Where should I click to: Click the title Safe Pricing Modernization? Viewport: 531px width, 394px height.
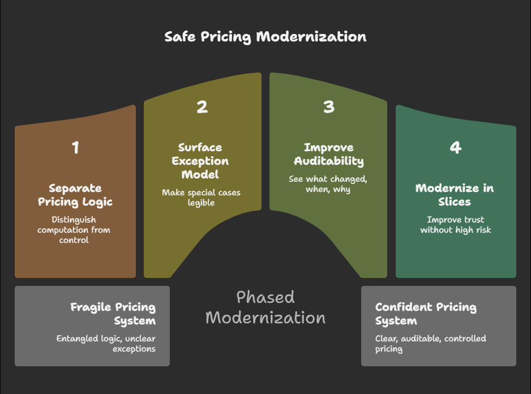[x=265, y=37]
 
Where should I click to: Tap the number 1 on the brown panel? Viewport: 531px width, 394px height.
[x=75, y=148]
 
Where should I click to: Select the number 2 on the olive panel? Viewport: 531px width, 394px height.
[x=202, y=106]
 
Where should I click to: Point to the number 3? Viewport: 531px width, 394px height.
[x=328, y=106]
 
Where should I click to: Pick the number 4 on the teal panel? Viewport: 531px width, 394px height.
[x=455, y=148]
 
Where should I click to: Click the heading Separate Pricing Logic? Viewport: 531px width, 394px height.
[x=75, y=195]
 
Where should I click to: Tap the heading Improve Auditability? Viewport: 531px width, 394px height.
[x=328, y=154]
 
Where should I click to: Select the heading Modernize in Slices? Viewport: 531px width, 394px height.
[x=455, y=195]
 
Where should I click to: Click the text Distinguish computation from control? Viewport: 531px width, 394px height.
[x=74, y=229]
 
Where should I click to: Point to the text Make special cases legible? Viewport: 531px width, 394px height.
[x=201, y=198]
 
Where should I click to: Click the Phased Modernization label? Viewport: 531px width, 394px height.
[x=265, y=307]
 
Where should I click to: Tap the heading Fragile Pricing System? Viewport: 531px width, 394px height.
[x=113, y=314]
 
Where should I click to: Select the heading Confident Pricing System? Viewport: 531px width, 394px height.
[x=426, y=314]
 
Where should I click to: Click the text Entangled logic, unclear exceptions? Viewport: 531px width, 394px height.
[x=106, y=344]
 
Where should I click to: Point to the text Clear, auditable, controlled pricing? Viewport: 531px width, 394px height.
[x=430, y=344]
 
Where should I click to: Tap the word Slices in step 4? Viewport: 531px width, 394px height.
[x=454, y=202]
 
